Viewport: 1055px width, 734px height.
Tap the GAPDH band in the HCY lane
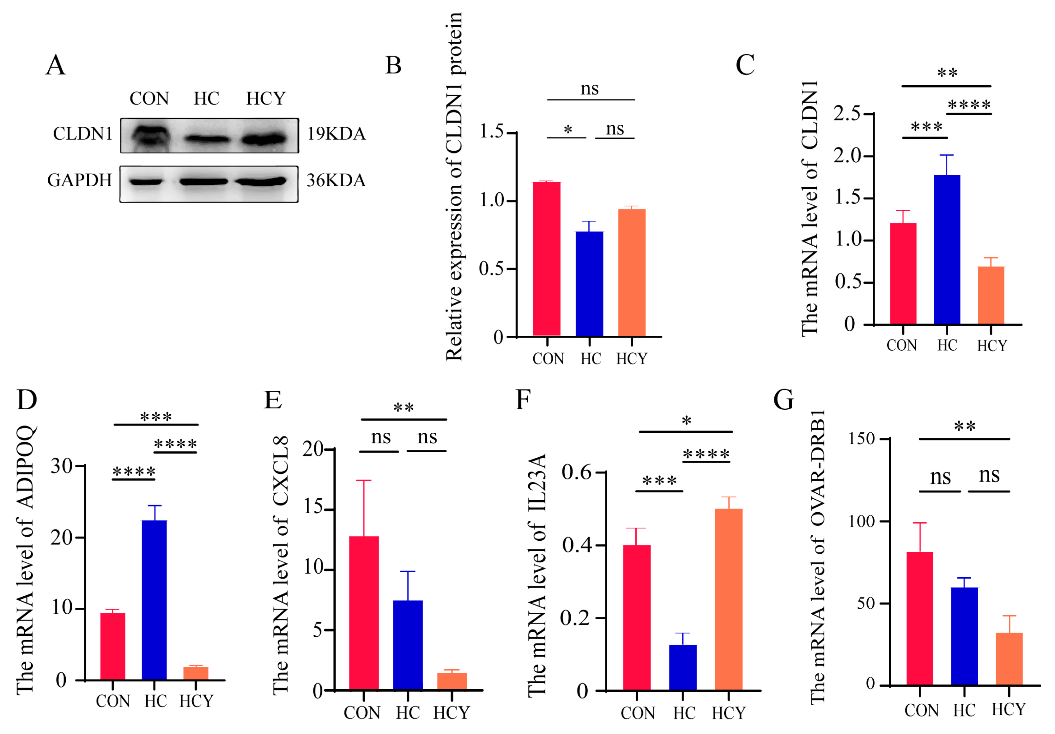[x=261, y=182]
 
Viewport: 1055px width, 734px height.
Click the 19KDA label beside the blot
[x=337, y=134]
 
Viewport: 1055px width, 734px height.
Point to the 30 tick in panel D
[x=62, y=466]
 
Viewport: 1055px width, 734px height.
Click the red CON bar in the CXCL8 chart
[x=364, y=613]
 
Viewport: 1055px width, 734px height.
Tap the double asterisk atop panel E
[x=403, y=407]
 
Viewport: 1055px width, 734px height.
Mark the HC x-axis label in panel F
[x=684, y=713]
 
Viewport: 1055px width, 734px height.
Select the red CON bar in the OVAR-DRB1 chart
[x=919, y=618]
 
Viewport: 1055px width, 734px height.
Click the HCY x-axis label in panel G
[x=1008, y=710]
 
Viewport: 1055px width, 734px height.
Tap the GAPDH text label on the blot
[x=80, y=181]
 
